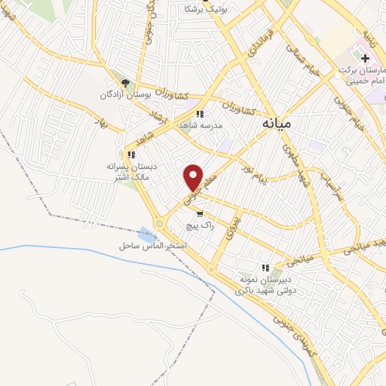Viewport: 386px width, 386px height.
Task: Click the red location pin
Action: [x=194, y=176]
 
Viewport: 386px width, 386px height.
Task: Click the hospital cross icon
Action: [x=365, y=59]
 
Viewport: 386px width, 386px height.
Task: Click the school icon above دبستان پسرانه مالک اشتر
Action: [x=131, y=155]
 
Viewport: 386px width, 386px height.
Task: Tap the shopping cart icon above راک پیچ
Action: [x=199, y=213]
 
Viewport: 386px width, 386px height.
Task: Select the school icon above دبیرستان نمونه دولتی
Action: [x=265, y=267]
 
